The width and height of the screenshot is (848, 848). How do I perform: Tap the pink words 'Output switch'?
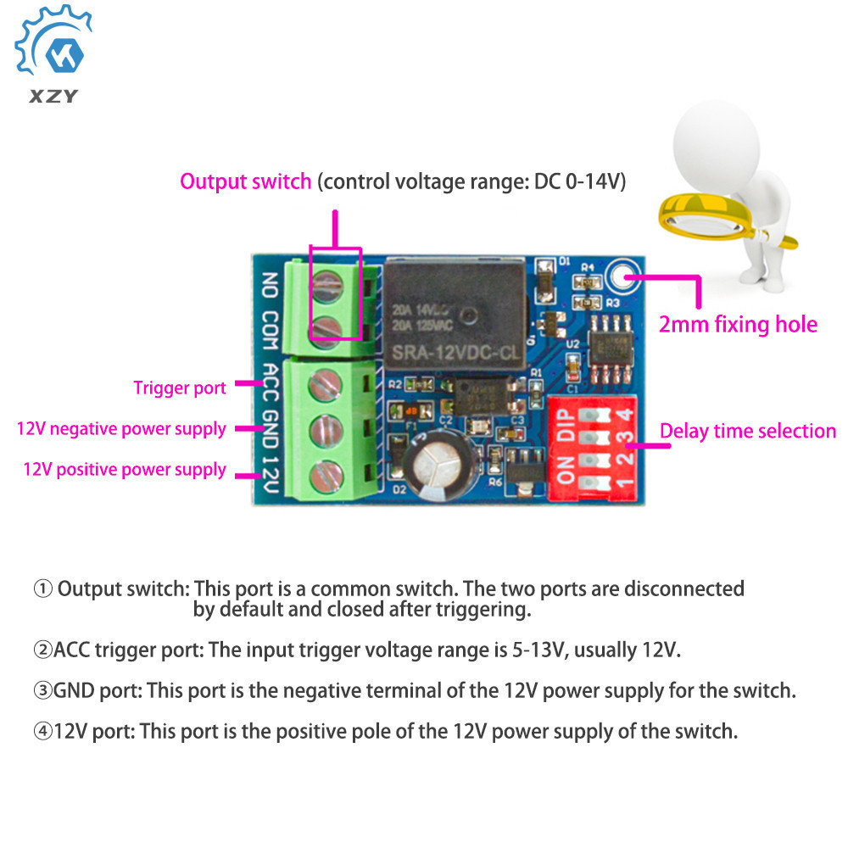(x=245, y=181)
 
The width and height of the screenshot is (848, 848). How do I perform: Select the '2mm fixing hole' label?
(x=738, y=324)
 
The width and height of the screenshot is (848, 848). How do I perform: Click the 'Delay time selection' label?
(x=748, y=431)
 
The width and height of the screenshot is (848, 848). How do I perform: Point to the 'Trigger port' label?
(x=180, y=388)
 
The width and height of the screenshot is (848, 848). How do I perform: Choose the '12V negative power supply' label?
(x=121, y=429)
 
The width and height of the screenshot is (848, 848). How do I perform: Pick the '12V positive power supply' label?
(x=125, y=470)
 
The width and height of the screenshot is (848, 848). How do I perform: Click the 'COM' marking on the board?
(x=270, y=326)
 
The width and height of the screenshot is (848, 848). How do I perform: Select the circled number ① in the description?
(x=42, y=589)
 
